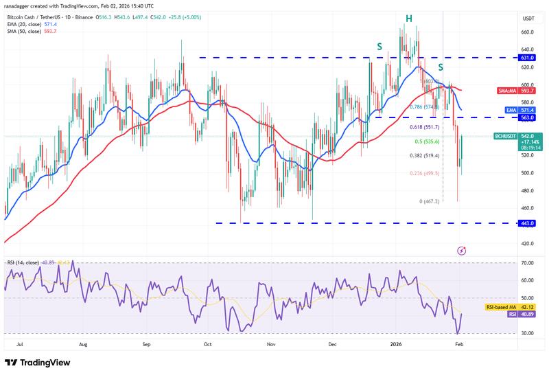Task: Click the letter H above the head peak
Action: pos(408,18)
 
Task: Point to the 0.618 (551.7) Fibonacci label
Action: pos(425,128)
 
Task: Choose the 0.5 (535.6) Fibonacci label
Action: pos(428,141)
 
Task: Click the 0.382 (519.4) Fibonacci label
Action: pos(425,155)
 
